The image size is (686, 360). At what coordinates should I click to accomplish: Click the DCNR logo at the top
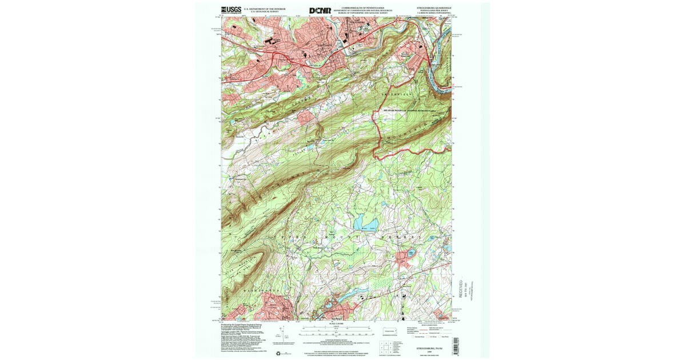click(x=320, y=10)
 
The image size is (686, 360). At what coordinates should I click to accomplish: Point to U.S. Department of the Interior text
click(x=264, y=9)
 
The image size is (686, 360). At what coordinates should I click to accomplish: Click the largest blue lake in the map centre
click(x=362, y=221)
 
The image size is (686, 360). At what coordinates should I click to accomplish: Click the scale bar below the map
click(x=336, y=328)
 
